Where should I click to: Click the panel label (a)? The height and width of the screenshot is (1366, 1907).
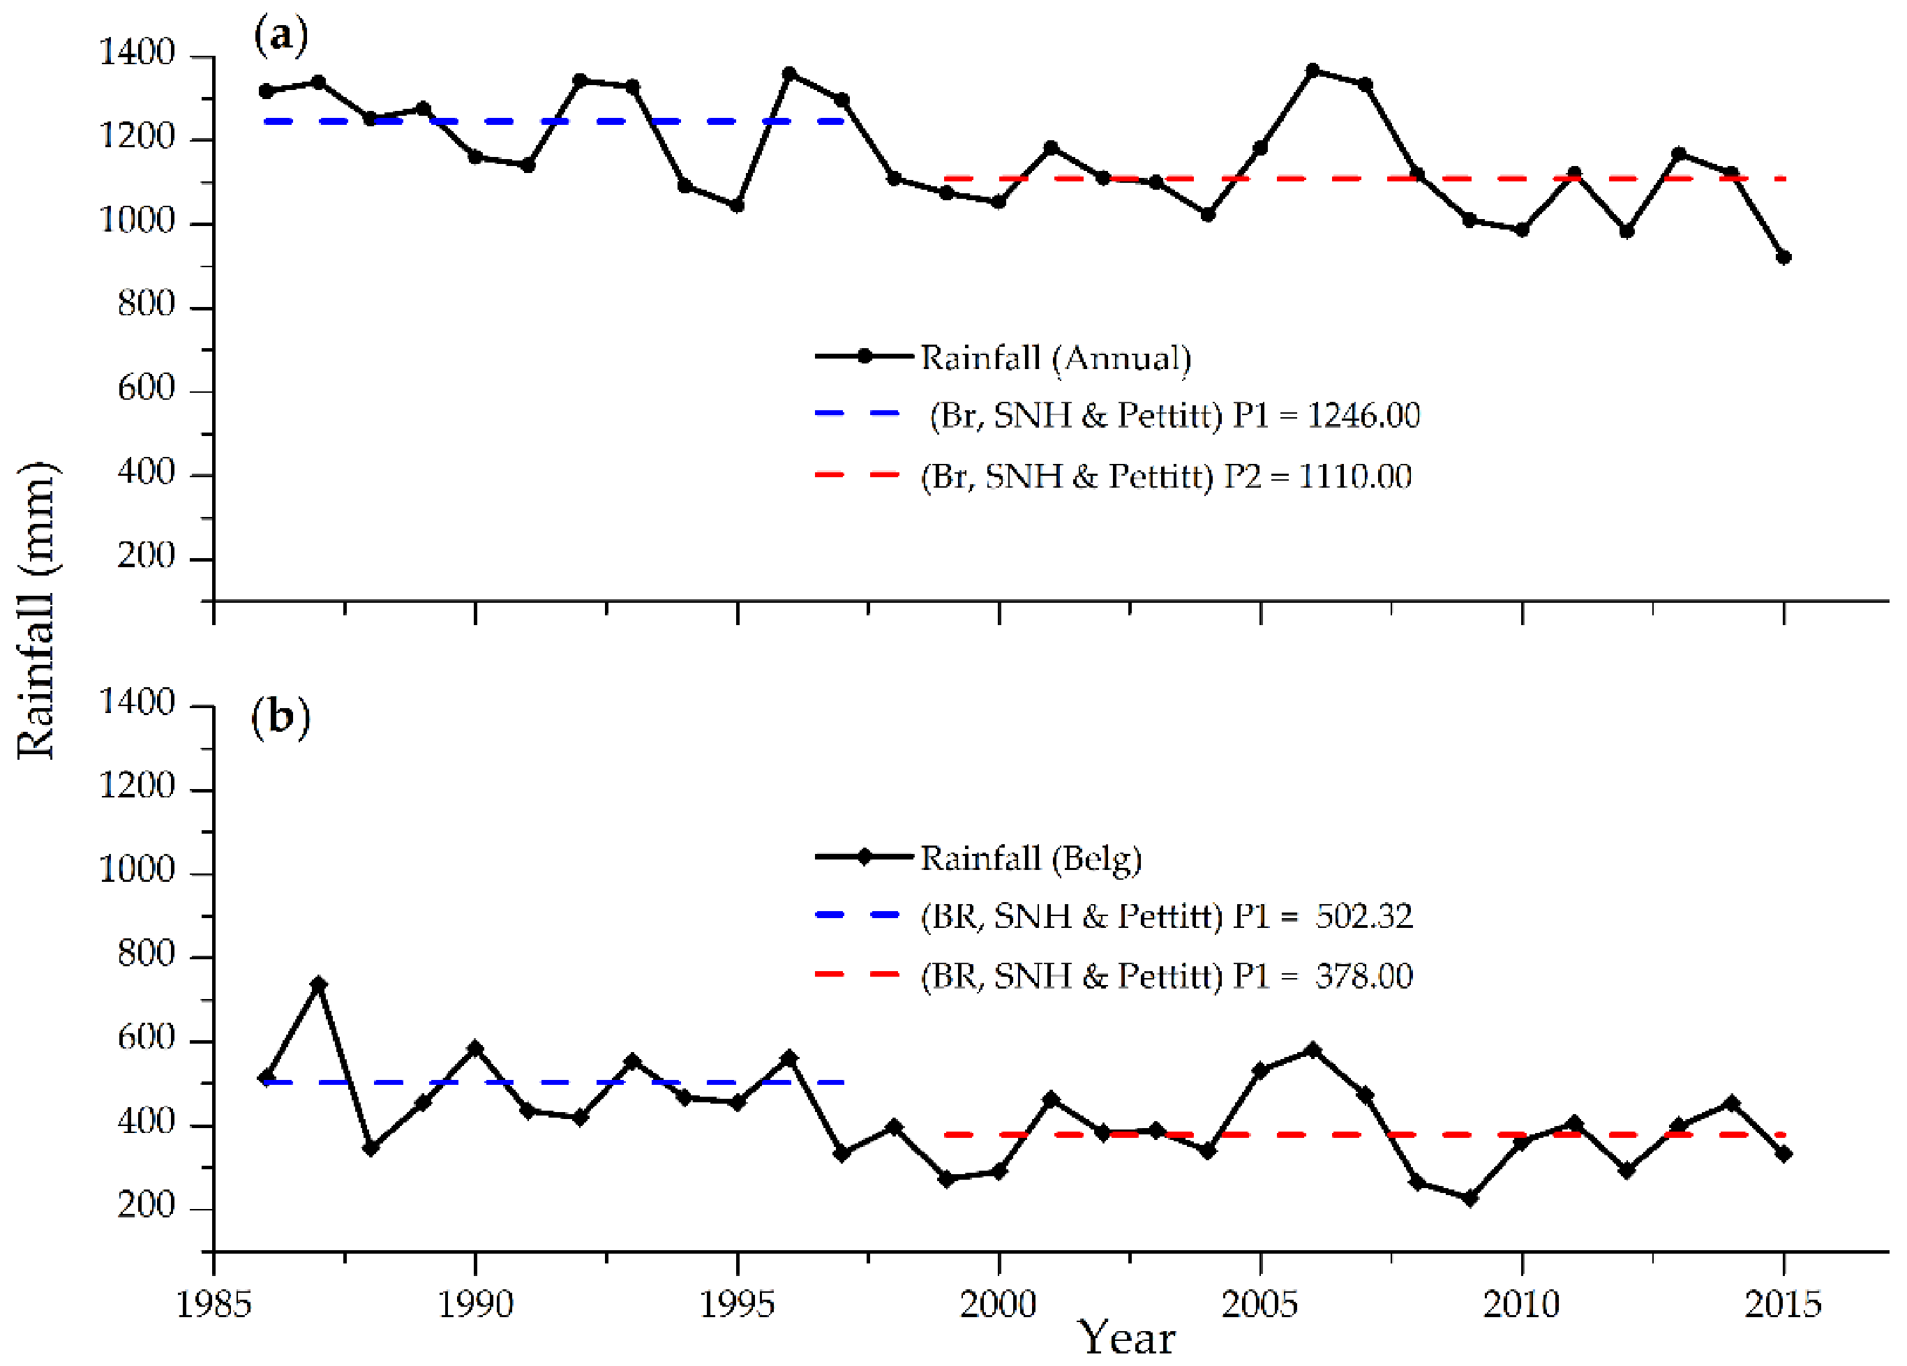(x=281, y=37)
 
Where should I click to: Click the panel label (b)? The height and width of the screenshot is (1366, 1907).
(x=281, y=717)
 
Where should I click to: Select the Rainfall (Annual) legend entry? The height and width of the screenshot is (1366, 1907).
(x=1055, y=357)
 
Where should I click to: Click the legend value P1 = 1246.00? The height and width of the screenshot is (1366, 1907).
(x=1326, y=415)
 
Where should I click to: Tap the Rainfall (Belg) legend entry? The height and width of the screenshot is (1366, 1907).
(x=1031, y=858)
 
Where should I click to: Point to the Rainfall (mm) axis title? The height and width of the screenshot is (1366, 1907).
(x=37, y=610)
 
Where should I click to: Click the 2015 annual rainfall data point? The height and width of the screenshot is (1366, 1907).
(x=1783, y=257)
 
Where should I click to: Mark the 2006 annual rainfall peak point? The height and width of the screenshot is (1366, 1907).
(x=1313, y=70)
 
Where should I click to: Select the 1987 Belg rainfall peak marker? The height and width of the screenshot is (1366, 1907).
(x=319, y=984)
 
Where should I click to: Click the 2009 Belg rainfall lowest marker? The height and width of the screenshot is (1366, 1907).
(x=1469, y=1198)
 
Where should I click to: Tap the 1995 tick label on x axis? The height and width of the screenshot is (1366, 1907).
(x=738, y=1305)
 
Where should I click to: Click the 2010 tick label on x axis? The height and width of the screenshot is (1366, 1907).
(x=1521, y=1305)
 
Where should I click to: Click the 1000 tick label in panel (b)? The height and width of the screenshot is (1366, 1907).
(x=136, y=870)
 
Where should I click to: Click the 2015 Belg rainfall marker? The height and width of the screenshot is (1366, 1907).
(x=1783, y=1154)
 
